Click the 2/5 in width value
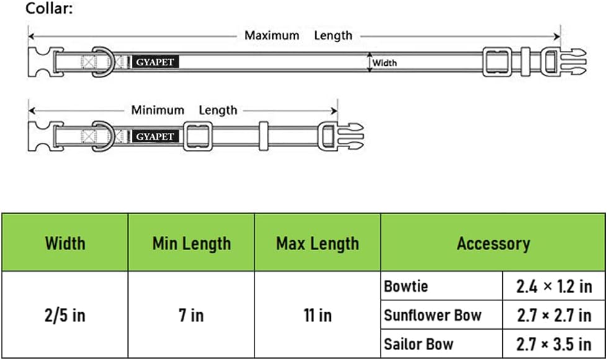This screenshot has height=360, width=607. tap(65, 315)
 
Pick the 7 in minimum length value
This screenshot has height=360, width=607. tap(191, 315)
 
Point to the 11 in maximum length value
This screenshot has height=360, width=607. tap(317, 315)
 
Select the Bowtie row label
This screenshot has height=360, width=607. tap(406, 287)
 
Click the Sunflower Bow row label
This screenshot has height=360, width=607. tap(433, 315)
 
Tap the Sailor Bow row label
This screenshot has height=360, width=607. tap(418, 344)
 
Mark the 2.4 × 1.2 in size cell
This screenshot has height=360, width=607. tap(554, 287)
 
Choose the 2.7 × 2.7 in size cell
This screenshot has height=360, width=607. tap(554, 315)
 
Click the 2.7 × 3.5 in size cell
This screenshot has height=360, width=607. tap(554, 344)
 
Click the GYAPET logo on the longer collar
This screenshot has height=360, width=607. tap(155, 62)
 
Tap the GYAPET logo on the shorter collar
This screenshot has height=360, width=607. tap(155, 137)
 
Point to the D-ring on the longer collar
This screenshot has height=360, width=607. tap(109, 62)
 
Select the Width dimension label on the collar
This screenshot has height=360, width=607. tap(384, 63)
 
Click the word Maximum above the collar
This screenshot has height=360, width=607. tap(272, 35)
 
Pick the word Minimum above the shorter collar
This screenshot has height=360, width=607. tap(158, 110)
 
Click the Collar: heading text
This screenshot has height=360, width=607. tap(49, 8)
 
